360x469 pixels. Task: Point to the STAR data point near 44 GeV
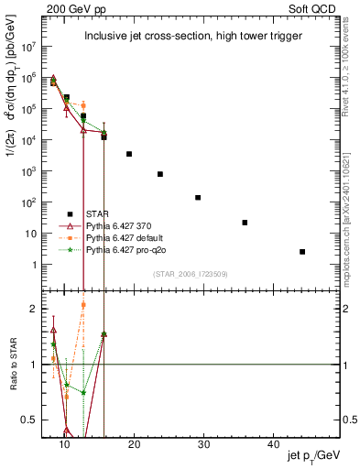[302, 251]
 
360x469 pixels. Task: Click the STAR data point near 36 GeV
[245, 223]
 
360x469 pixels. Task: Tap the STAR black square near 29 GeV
[198, 197]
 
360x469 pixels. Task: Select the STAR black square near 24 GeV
[160, 174]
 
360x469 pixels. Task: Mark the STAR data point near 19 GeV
[129, 154]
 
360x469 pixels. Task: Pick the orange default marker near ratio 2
[83, 305]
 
